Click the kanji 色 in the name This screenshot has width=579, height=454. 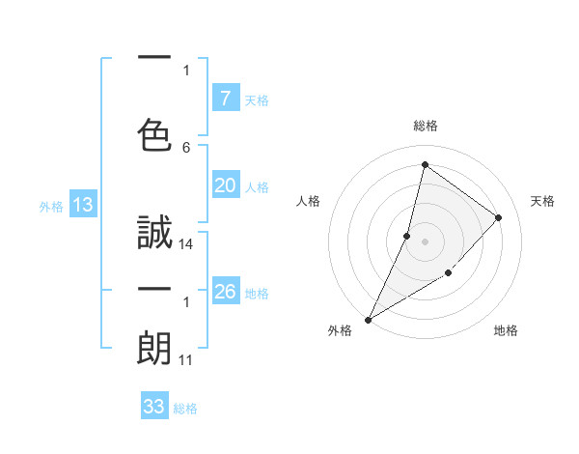click(x=154, y=135)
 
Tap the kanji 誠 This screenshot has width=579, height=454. click(x=154, y=235)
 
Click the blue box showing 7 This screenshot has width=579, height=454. click(x=225, y=98)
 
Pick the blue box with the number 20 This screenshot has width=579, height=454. click(x=225, y=186)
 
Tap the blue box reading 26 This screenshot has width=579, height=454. click(x=225, y=293)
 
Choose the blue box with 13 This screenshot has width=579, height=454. click(x=82, y=205)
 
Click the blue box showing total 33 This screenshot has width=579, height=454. click(x=154, y=407)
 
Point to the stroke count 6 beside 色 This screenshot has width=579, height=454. click(x=186, y=147)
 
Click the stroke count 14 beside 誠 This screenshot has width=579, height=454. click(x=187, y=244)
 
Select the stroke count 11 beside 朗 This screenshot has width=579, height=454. click(x=187, y=360)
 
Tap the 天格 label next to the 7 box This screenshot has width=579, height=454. click(x=256, y=99)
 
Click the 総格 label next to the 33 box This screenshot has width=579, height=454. click(x=185, y=409)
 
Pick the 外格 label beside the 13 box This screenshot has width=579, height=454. click(x=51, y=206)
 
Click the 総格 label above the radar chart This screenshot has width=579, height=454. click(x=425, y=126)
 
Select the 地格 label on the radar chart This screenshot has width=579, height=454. click(x=506, y=330)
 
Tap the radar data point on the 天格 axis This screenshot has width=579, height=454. click(x=499, y=217)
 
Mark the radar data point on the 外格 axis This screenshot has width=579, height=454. click(x=368, y=319)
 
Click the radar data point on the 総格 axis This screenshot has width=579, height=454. click(x=425, y=164)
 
